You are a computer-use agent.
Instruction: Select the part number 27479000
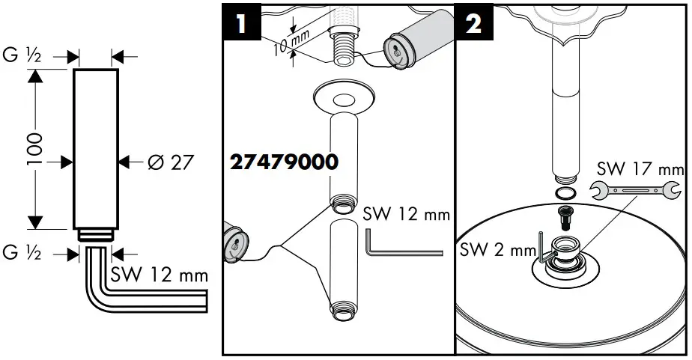284,162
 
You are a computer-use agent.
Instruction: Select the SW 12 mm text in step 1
405,214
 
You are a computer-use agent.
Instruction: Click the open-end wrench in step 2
631,191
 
